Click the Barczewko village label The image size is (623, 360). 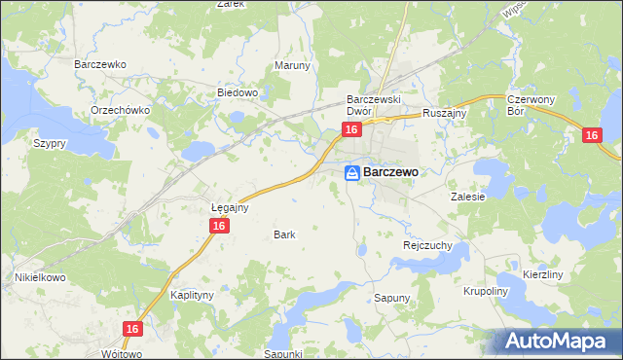(101, 63)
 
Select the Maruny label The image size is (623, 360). (292, 66)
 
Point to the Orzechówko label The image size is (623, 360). (120, 110)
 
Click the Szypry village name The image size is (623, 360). (49, 143)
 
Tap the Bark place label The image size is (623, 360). (284, 234)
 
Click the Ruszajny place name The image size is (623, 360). (446, 113)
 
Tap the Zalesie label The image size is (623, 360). (467, 196)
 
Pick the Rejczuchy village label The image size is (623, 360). (427, 246)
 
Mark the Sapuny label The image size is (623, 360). (393, 297)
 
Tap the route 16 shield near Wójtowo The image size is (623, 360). (133, 330)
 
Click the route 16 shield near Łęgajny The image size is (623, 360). (219, 226)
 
